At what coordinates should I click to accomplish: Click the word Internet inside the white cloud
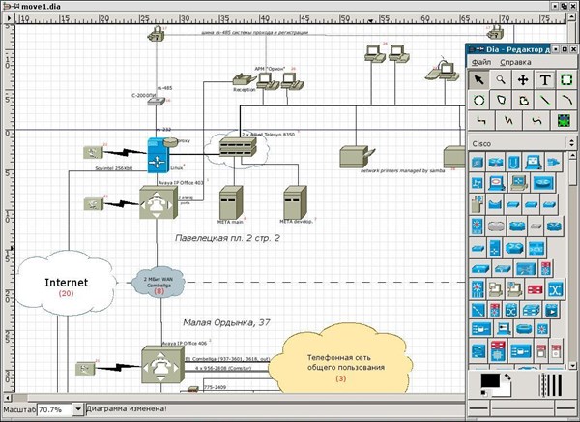point(66,282)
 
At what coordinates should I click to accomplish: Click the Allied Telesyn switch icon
point(238,148)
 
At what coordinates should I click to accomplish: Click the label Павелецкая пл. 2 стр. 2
point(227,237)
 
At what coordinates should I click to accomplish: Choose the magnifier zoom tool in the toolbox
point(501,80)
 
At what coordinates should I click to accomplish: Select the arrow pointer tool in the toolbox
point(478,80)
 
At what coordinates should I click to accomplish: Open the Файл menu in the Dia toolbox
point(481,62)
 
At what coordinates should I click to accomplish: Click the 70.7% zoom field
point(58,409)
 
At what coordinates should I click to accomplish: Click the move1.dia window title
point(41,5)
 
